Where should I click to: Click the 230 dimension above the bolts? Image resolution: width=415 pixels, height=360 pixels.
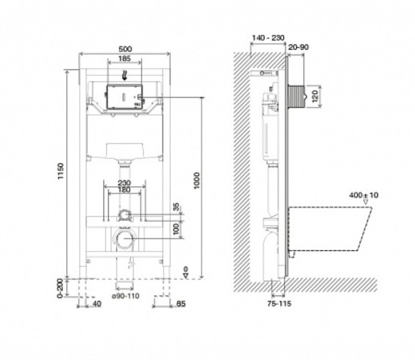click(124, 183)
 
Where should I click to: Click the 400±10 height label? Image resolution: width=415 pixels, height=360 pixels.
click(364, 195)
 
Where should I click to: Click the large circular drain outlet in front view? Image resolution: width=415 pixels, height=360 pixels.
click(124, 240)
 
